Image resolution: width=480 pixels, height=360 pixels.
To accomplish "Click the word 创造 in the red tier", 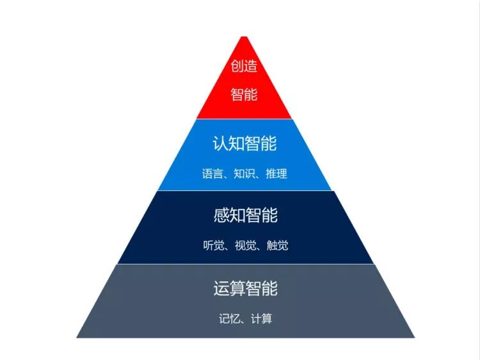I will pyautogui.click(x=244, y=67).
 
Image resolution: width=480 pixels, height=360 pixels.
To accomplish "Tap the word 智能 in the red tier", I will pyautogui.click(x=244, y=95).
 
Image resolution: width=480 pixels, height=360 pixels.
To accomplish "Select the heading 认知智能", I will pyautogui.click(x=244, y=143).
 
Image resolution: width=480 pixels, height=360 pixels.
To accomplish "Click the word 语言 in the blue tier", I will pyautogui.click(x=212, y=174).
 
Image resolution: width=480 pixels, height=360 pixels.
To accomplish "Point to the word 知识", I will pyautogui.click(x=244, y=174).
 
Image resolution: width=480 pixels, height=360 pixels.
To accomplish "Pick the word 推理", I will pyautogui.click(x=276, y=174).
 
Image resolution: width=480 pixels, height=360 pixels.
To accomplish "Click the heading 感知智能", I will pyautogui.click(x=245, y=215).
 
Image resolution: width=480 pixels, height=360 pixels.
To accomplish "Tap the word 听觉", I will pyautogui.click(x=213, y=245).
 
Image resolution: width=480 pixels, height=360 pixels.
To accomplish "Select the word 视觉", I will pyautogui.click(x=245, y=245).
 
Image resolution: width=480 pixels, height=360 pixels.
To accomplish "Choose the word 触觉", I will pyautogui.click(x=277, y=245).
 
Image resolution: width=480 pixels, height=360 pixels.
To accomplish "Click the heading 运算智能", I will pyautogui.click(x=245, y=288).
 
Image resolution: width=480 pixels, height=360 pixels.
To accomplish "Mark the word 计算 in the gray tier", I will pyautogui.click(x=261, y=318).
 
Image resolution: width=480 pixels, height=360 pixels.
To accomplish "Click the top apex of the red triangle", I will pyautogui.click(x=243, y=37).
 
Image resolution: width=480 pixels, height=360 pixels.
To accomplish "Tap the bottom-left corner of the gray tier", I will pyautogui.click(x=77, y=337).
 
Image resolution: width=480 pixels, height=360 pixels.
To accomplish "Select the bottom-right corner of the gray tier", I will pyautogui.click(x=414, y=337).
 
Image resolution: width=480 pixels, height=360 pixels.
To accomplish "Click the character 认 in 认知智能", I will pyautogui.click(x=221, y=143).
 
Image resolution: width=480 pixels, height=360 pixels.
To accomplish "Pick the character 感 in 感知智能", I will pyautogui.click(x=221, y=215).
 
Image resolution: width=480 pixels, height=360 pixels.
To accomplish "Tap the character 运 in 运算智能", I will pyautogui.click(x=221, y=288).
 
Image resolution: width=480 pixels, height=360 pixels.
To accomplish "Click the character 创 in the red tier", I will pyautogui.click(x=237, y=67).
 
